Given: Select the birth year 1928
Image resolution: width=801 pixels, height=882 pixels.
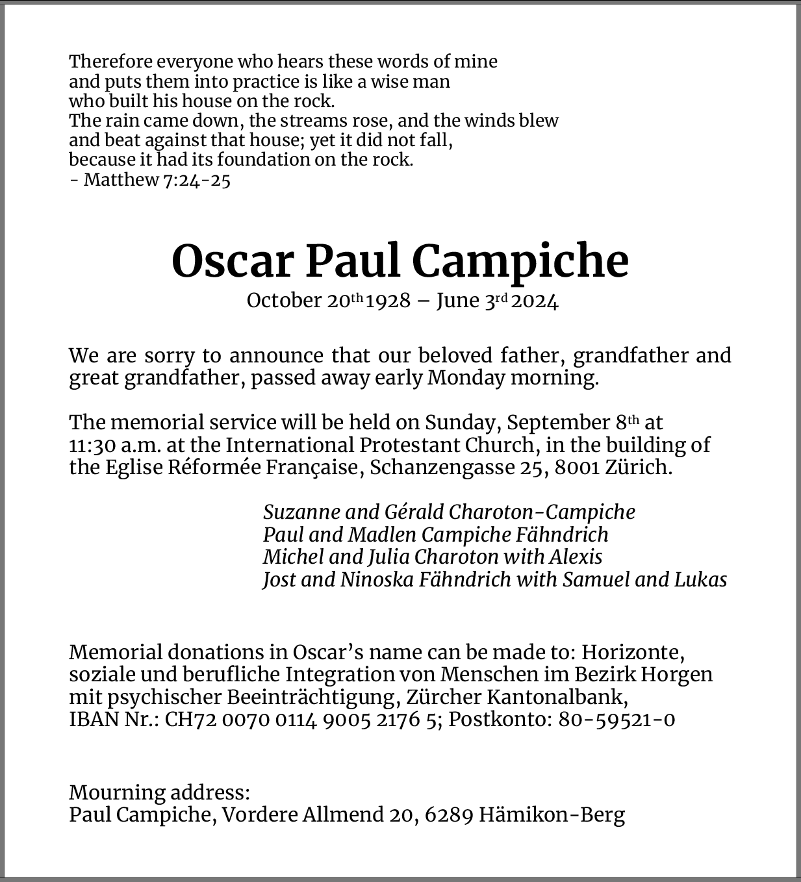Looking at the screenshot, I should (x=388, y=301).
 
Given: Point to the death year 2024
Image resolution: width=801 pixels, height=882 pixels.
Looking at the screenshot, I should (x=534, y=301).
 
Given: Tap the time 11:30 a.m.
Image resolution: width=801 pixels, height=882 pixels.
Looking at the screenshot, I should (x=115, y=446).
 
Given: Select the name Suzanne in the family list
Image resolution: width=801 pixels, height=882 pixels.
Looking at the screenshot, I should (x=301, y=512).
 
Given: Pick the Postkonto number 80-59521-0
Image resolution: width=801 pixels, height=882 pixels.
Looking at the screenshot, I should (x=616, y=720).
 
